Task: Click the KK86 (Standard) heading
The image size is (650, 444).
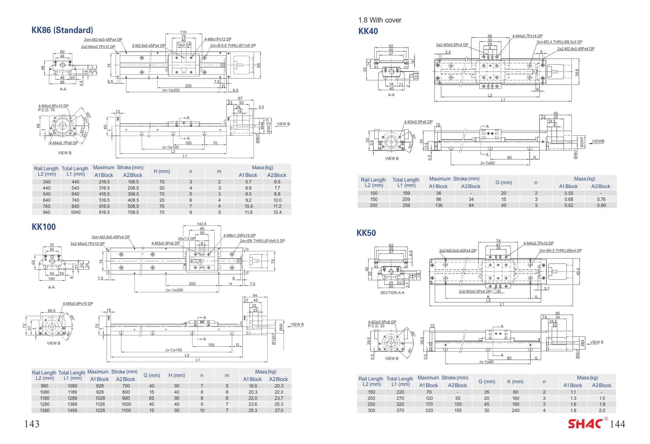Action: pos(62,30)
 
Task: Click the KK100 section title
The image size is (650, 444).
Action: pos(44,227)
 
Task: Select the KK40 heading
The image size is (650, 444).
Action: pos(368,31)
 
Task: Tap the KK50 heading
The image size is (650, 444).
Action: pos(366,233)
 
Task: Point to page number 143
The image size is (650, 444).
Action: pos(32,424)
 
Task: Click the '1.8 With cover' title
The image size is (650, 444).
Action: pos(380,20)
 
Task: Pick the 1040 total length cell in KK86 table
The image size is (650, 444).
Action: pos(75,212)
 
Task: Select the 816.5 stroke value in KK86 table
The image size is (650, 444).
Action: pos(104,212)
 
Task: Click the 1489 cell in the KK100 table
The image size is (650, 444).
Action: pos(72,410)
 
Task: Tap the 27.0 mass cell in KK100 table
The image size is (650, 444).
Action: pos(279,410)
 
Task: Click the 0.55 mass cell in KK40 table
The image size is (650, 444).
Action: pos(569,193)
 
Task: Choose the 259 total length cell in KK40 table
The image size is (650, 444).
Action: pos(406,205)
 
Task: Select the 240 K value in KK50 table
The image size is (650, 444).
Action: pos(515,410)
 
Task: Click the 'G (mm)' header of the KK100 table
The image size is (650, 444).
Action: pos(152,375)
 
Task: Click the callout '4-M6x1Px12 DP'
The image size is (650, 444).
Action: pos(218,39)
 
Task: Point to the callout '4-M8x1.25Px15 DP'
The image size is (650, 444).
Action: pos(239,236)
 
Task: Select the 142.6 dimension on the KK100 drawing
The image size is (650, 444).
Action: pos(201,224)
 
